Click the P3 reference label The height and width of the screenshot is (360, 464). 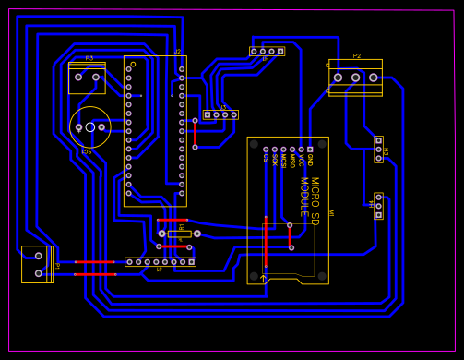point(89,58)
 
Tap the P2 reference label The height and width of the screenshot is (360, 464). point(357,56)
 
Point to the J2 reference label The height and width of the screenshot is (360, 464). point(178,52)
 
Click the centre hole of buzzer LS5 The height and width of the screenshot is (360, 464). point(90,127)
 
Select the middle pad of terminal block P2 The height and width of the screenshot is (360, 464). point(356,78)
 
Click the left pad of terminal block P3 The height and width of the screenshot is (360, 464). point(78,77)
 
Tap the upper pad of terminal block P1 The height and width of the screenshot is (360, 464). point(38,256)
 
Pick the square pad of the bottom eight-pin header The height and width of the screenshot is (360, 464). point(191,262)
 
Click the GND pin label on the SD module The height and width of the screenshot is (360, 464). point(310,160)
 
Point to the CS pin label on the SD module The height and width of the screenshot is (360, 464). point(266,158)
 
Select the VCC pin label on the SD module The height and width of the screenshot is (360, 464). point(301,160)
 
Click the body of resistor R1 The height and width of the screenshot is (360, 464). point(179,234)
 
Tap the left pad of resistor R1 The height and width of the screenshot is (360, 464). point(162,234)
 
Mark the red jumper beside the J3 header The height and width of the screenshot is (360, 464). point(195,134)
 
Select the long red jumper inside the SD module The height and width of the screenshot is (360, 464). point(265,245)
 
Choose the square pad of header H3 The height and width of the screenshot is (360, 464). point(378,140)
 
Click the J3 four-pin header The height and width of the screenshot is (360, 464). point(220,114)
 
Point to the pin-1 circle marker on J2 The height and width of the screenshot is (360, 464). point(133,64)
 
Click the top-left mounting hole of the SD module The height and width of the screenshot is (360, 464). point(255,144)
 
